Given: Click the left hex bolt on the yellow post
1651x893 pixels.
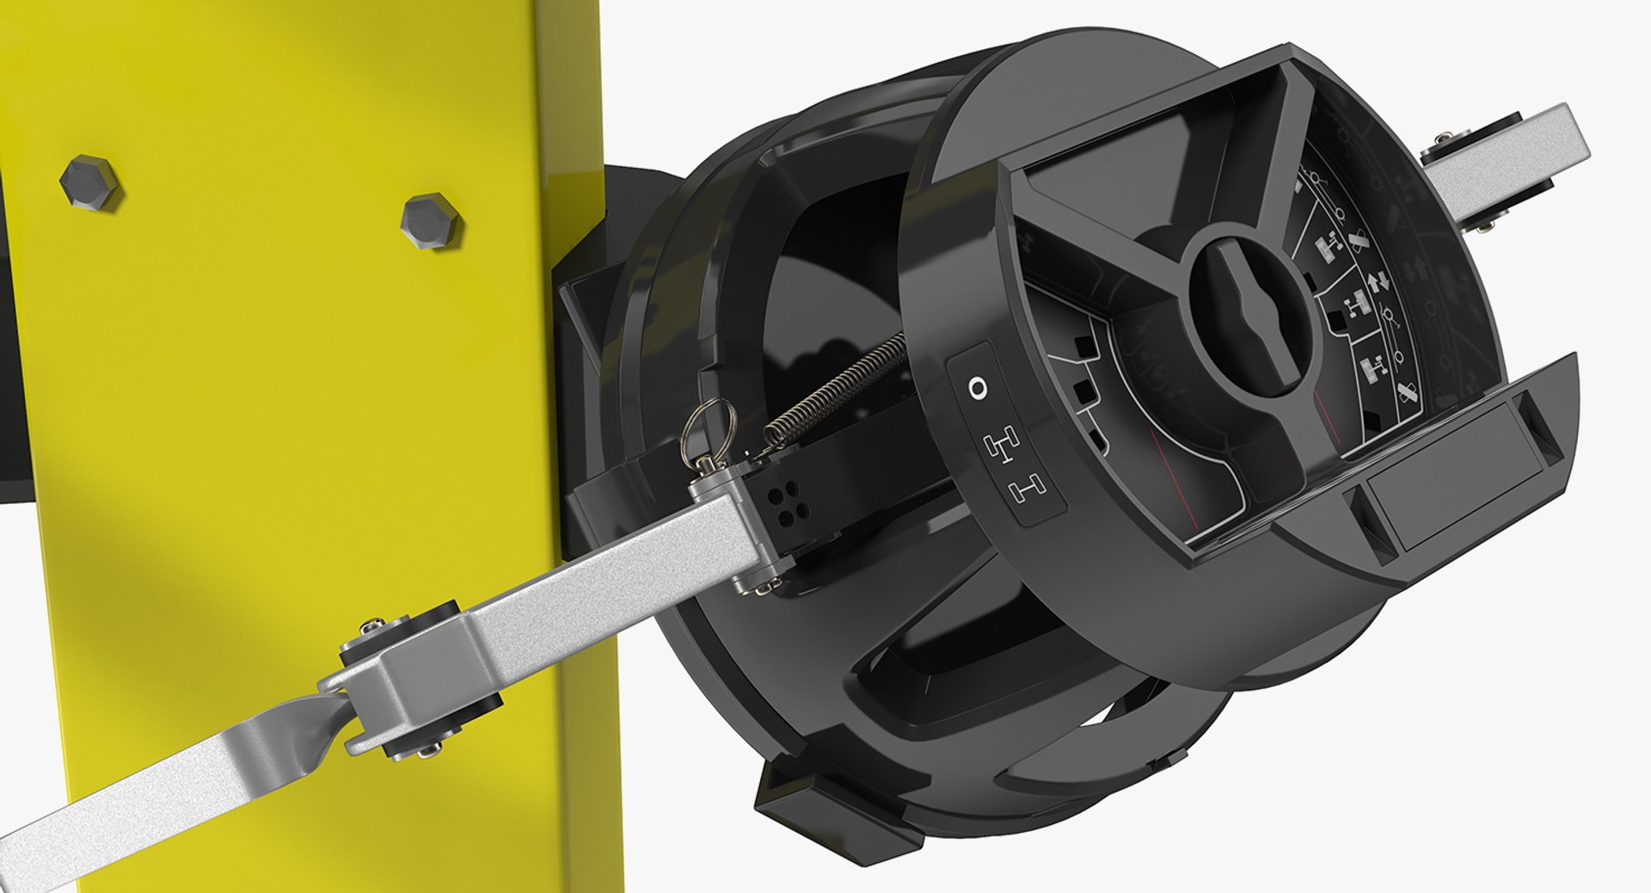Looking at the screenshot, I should tap(89, 182).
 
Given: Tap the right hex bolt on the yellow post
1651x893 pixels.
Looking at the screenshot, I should tap(430, 220).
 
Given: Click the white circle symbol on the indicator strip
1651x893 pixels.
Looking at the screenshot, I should tap(978, 388).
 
